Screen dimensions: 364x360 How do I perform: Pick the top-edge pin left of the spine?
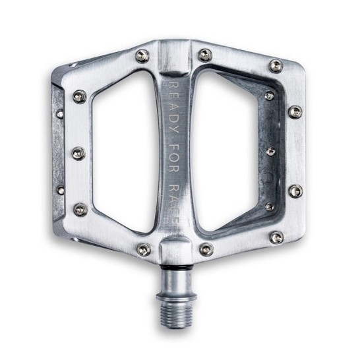click(141, 56)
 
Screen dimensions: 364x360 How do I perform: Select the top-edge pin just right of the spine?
click(205, 55)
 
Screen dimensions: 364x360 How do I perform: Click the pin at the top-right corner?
click(276, 65)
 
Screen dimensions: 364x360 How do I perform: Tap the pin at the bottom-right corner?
click(276, 236)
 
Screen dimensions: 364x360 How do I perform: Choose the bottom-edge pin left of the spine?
click(142, 249)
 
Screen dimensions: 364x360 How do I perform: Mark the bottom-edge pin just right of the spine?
click(206, 249)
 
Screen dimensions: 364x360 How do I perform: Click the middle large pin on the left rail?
click(78, 154)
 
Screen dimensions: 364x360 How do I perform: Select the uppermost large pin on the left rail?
click(79, 97)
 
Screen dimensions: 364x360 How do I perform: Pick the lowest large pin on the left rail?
click(80, 210)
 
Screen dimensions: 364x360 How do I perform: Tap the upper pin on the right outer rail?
click(295, 111)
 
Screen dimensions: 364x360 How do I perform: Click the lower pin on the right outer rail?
click(295, 191)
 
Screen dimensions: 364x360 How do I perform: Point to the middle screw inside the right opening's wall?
click(270, 151)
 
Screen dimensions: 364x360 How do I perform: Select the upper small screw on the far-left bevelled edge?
click(60, 113)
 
